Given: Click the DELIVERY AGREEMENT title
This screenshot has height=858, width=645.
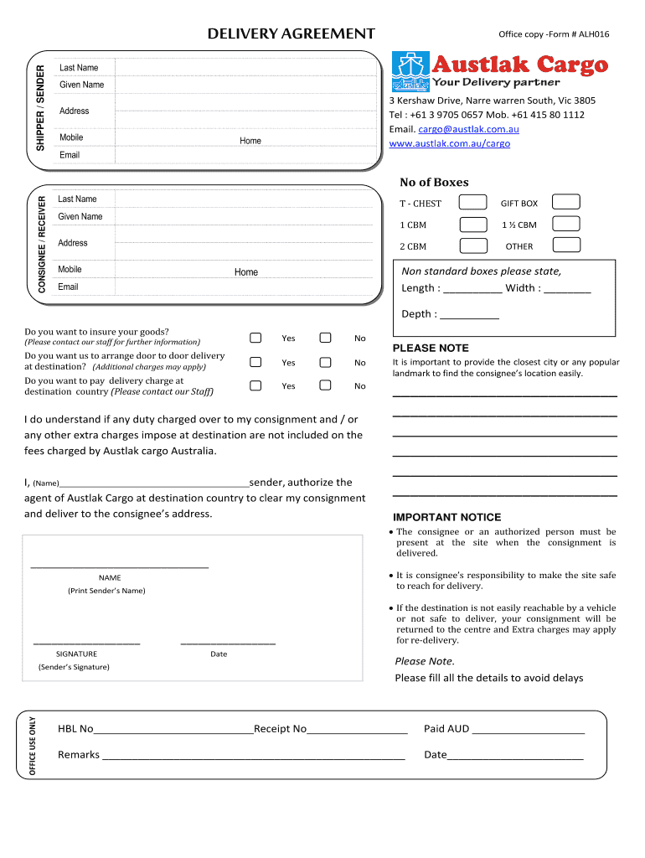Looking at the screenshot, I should pos(291,34).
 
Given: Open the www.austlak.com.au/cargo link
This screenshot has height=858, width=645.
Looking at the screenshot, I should pos(449,143).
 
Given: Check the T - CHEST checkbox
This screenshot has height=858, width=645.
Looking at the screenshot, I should pos(474,202).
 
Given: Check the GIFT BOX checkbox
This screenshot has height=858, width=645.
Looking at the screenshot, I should pos(567,202).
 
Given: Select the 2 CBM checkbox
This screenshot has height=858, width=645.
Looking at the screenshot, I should pos(474,246).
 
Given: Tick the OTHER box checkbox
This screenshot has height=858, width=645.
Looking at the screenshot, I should pos(567,245).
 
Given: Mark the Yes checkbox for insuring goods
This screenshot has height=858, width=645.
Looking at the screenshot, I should pos(255,338).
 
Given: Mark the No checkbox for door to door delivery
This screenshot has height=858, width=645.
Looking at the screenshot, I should pos(325,362).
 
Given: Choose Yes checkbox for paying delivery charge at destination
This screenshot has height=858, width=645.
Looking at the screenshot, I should pos(255,385).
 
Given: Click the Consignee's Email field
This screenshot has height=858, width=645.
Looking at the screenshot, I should pos(244,287).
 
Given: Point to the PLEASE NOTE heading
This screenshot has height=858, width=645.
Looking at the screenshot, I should pos(431,348).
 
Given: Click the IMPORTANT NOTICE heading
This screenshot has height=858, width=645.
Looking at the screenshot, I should pos(446,517).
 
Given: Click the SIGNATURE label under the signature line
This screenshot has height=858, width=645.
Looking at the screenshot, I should pos(76,654).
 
